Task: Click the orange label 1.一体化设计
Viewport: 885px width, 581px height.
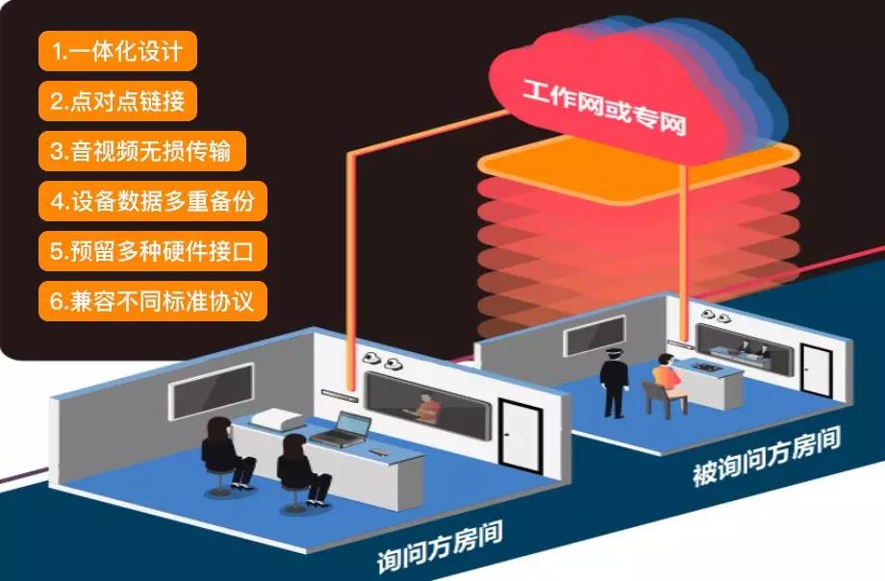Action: [117, 51]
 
